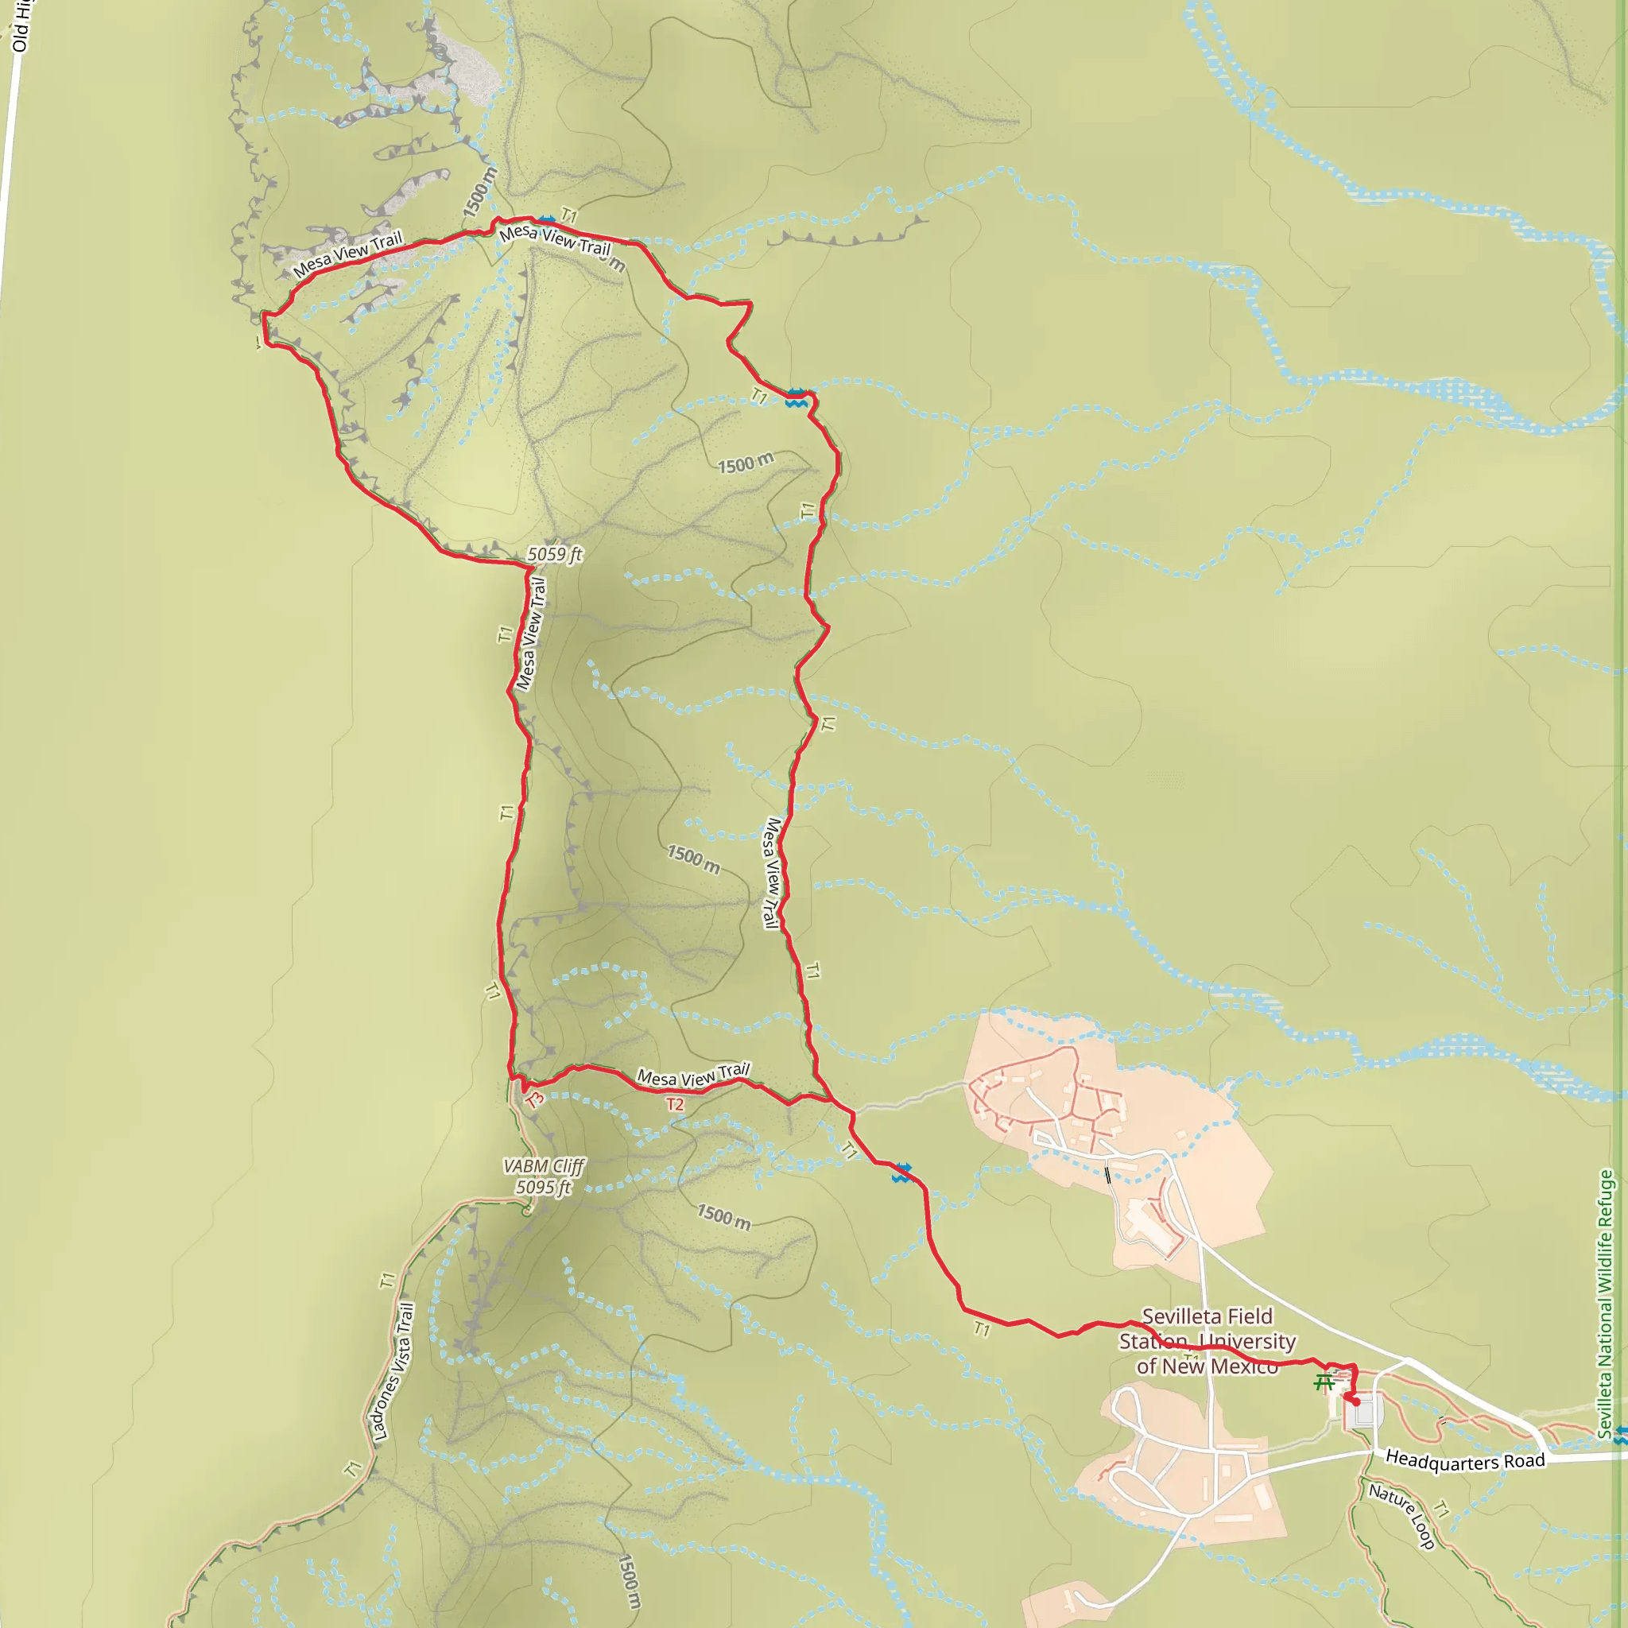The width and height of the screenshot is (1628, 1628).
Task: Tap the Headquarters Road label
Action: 1464,1460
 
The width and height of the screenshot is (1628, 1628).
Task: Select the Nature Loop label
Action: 1401,1517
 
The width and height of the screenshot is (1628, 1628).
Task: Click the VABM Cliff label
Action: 544,1166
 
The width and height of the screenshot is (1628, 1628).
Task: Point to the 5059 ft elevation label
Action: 555,555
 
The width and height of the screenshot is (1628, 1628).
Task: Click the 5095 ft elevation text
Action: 544,1188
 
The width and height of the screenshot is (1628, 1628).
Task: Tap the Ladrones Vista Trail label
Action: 393,1371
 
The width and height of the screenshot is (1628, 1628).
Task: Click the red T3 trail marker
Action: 534,1099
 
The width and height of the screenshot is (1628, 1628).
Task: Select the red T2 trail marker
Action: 675,1104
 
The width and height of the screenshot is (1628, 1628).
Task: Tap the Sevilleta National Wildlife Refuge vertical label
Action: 1605,1303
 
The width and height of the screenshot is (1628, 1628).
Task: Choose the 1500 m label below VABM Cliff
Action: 723,1217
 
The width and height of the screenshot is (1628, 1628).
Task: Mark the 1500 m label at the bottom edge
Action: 629,1581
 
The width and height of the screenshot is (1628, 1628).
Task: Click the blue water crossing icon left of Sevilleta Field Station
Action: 901,1173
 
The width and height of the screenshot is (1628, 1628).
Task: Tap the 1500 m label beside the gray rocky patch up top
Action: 479,192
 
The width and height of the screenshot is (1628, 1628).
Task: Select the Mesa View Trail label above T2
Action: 692,1076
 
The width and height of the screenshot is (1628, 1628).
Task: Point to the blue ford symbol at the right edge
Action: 1620,1436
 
